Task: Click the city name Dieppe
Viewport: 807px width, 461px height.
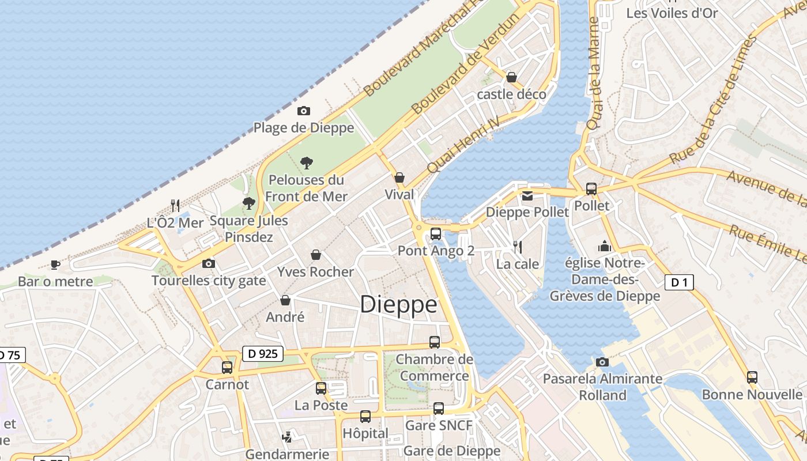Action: coord(398,304)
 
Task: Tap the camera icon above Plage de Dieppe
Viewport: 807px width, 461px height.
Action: coord(303,111)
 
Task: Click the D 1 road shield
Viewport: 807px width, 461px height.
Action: coord(679,282)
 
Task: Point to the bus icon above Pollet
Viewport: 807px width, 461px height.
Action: coord(591,188)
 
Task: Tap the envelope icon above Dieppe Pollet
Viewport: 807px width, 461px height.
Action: coord(527,196)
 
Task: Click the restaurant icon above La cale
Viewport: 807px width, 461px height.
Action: coord(518,247)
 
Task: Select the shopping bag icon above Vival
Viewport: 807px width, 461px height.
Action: coord(399,177)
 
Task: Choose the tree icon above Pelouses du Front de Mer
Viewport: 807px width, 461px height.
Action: coord(307,163)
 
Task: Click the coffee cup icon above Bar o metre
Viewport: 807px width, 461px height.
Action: coord(55,264)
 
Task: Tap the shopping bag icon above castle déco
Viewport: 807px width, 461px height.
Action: coord(511,77)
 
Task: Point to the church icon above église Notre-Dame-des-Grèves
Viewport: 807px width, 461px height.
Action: coord(605,246)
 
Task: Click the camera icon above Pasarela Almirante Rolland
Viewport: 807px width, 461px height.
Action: coord(602,362)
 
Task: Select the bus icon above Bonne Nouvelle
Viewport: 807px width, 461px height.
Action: coord(752,377)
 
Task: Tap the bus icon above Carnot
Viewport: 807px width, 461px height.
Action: coord(227,367)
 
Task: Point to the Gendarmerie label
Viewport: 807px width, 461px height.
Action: coord(287,454)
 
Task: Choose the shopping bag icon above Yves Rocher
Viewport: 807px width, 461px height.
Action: coord(316,255)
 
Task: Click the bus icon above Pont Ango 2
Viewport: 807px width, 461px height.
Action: coord(436,234)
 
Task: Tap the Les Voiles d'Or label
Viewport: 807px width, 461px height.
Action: coord(672,13)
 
